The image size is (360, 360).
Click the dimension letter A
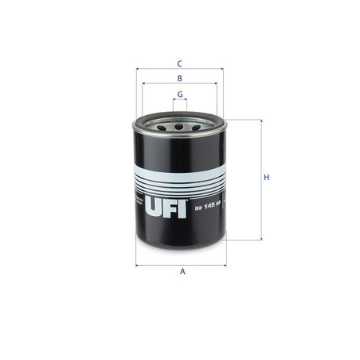click(182, 272)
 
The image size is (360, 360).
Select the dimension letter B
click(179, 78)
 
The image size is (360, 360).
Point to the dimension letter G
click(180, 94)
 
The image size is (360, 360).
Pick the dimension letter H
click(266, 178)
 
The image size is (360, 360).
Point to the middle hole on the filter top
click(179, 125)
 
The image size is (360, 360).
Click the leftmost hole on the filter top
click(161, 124)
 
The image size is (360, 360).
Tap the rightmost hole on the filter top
click(197, 124)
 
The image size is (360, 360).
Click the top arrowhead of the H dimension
click(260, 121)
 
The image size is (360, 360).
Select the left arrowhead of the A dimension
click(138, 265)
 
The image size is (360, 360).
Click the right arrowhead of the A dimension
click(225, 265)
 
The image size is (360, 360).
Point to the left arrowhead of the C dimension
click(138, 69)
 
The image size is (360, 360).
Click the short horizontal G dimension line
click(180, 101)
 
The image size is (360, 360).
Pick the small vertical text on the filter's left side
click(138, 204)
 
